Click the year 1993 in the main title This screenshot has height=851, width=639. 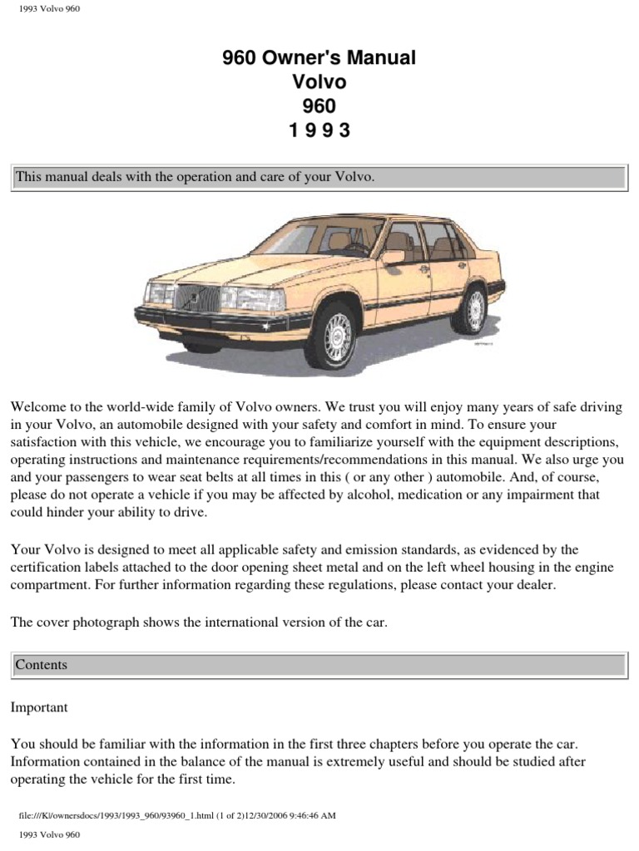pyautogui.click(x=319, y=131)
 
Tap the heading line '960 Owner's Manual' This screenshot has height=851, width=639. pyautogui.click(x=319, y=57)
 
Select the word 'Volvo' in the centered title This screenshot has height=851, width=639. pyautogui.click(x=319, y=82)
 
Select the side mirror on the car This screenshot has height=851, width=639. pyautogui.click(x=393, y=257)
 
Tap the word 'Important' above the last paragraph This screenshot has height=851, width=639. pyautogui.click(x=39, y=707)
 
